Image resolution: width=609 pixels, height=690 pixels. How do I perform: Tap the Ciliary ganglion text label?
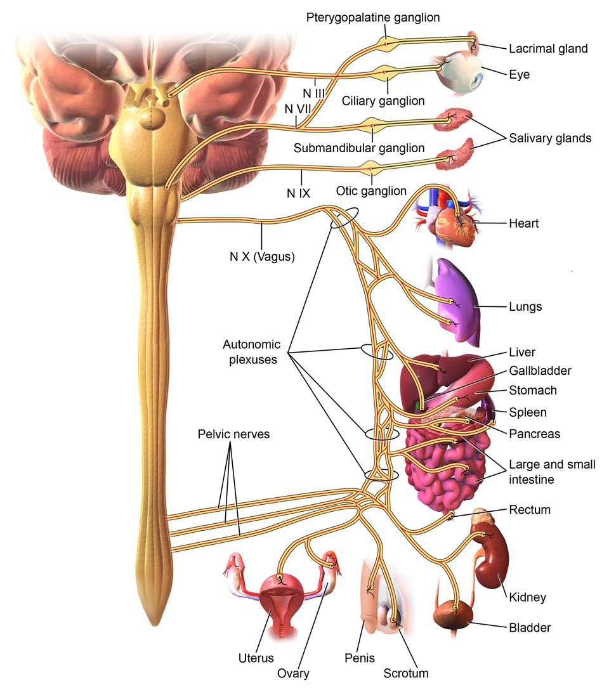pyautogui.click(x=383, y=101)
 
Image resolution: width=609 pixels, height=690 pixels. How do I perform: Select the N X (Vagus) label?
pyautogui.click(x=262, y=257)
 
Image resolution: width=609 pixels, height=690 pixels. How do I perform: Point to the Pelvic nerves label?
pyautogui.click(x=233, y=435)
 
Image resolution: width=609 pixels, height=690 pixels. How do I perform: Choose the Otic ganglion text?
pyautogui.click(x=372, y=191)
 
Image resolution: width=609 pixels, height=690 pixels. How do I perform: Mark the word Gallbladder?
pyautogui.click(x=540, y=371)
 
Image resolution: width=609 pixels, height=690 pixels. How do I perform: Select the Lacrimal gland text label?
pyautogui.click(x=548, y=48)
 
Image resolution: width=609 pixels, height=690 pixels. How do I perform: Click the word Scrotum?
pyautogui.click(x=406, y=673)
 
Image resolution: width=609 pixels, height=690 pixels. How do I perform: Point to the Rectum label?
pyautogui.click(x=530, y=510)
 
